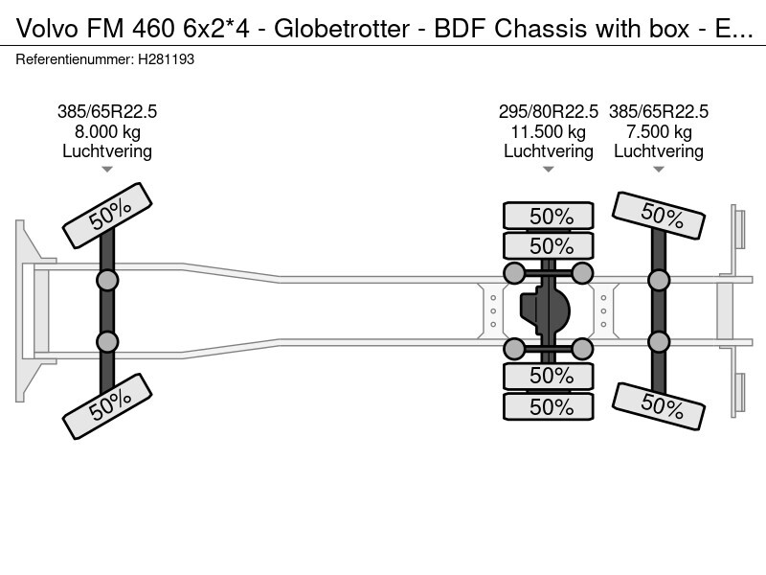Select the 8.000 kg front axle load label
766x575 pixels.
[107, 131]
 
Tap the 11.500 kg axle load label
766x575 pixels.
[549, 131]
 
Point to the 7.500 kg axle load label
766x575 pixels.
[659, 131]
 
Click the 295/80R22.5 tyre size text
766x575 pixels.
[549, 111]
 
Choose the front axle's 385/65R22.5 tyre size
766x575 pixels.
[107, 111]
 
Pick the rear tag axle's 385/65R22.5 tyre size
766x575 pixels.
[659, 111]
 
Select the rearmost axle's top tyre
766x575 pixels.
[659, 215]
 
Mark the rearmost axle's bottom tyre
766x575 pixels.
[659, 405]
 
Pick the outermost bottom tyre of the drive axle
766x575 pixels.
[549, 406]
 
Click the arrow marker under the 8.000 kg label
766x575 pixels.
[107, 170]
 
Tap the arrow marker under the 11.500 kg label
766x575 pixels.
[549, 170]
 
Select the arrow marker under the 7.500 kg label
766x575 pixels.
[659, 170]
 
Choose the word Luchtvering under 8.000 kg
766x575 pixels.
[107, 151]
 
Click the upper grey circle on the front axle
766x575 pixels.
[107, 280]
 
